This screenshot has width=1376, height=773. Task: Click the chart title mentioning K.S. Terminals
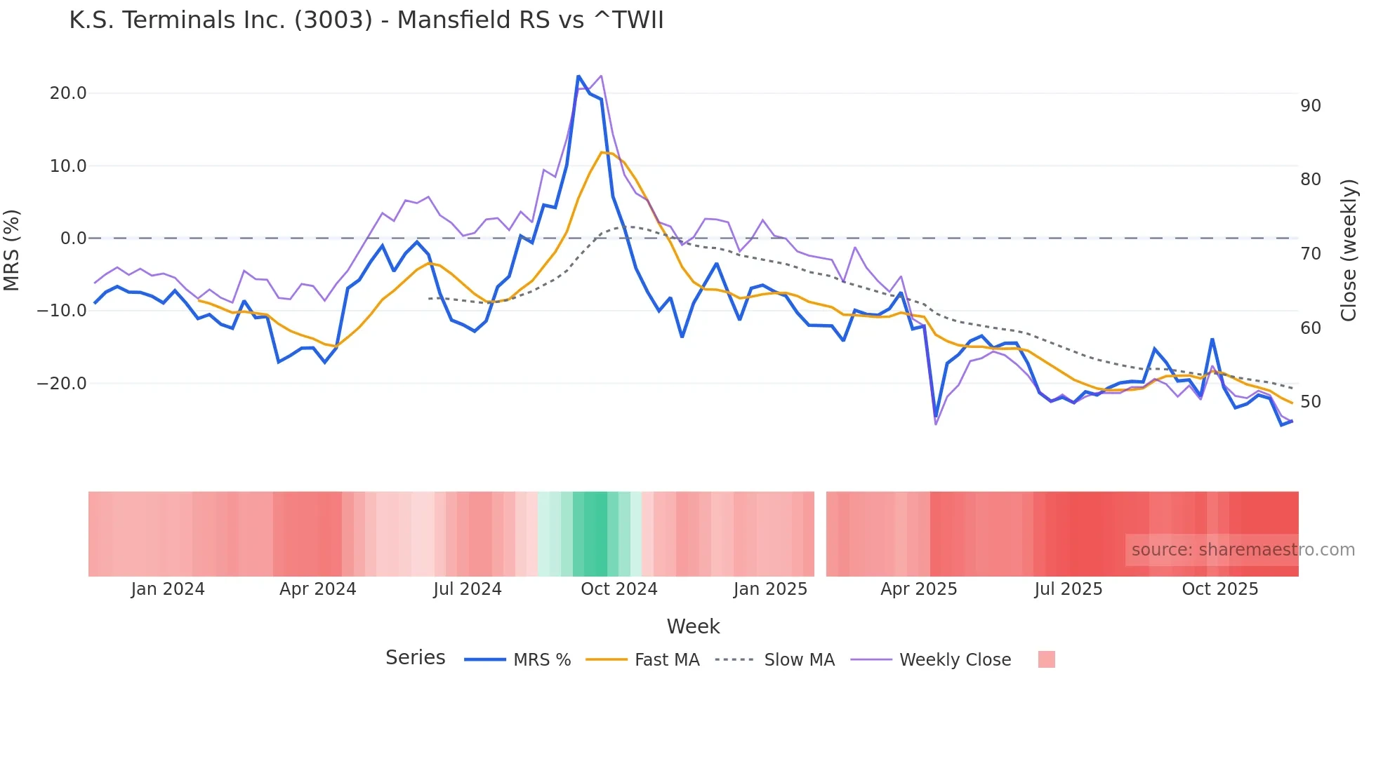click(x=366, y=20)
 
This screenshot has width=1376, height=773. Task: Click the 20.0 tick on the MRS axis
click(x=68, y=93)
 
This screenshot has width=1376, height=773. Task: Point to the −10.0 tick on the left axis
click(x=62, y=310)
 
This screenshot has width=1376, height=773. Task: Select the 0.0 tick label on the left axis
click(x=73, y=238)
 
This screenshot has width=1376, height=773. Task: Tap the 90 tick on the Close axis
click(x=1310, y=106)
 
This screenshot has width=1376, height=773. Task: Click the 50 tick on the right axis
click(x=1310, y=402)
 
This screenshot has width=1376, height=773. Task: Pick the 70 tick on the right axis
click(x=1310, y=254)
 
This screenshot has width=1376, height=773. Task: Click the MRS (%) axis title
click(x=12, y=250)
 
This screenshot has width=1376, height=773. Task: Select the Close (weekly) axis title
click(x=1348, y=250)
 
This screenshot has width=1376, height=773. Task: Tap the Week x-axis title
click(x=693, y=626)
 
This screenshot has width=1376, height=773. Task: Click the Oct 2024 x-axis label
click(x=618, y=589)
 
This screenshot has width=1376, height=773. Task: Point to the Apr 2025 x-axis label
click(x=918, y=589)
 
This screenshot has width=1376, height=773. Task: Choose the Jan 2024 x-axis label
click(x=168, y=589)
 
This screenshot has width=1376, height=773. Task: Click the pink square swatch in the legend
click(x=1046, y=659)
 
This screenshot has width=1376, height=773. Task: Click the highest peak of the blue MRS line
click(x=578, y=76)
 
